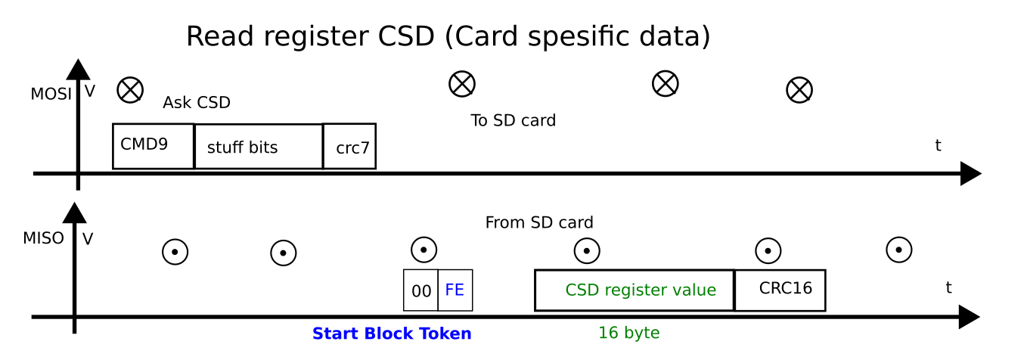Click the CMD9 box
point(153,146)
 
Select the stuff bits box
point(258,147)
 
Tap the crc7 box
point(349,147)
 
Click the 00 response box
point(420,290)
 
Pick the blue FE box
point(455,290)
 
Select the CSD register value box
point(634,290)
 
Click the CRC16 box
point(780,290)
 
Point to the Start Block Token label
point(392,334)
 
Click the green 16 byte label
point(628,333)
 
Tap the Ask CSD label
point(196,103)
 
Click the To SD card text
point(513,120)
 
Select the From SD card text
point(538,223)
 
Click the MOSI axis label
point(51,95)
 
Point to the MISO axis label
point(43,239)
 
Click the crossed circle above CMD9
point(130,90)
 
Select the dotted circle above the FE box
point(424,250)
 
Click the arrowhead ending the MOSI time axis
point(970,174)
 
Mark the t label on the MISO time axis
point(948,287)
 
